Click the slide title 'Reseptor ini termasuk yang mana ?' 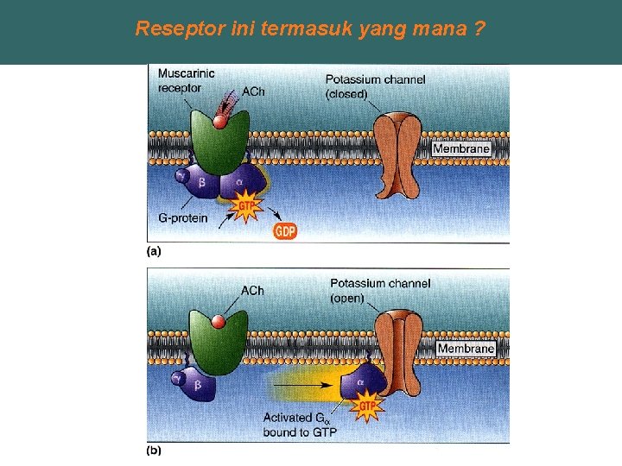click(x=309, y=28)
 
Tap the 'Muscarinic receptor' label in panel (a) click(x=187, y=81)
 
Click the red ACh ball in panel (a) click(x=220, y=122)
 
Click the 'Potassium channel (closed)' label click(x=376, y=86)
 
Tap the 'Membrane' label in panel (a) click(x=460, y=148)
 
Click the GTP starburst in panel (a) click(x=248, y=207)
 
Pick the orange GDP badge click(x=285, y=230)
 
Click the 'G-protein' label click(x=182, y=218)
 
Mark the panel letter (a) click(x=153, y=252)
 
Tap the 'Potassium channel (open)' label click(x=380, y=291)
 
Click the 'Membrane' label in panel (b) click(x=466, y=349)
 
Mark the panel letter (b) click(x=153, y=450)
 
